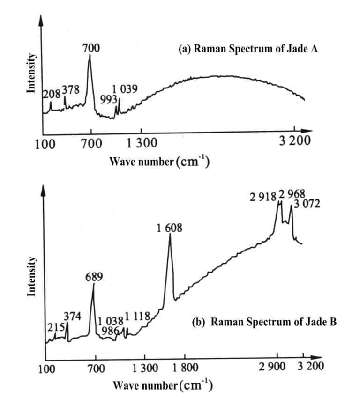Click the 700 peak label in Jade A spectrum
click(91, 48)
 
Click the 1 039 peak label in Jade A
click(125, 89)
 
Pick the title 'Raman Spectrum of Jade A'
click(248, 49)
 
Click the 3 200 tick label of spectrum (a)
click(294, 140)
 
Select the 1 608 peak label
click(170, 228)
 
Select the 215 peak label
click(55, 327)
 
